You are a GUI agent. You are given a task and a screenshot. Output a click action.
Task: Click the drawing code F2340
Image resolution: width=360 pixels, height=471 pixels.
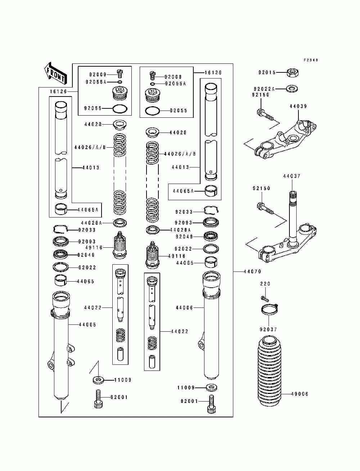coord(311,60)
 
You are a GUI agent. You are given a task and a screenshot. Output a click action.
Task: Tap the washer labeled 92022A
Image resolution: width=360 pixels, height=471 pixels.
coord(292,89)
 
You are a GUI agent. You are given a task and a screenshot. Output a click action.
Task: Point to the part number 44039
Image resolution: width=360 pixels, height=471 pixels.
coord(298,106)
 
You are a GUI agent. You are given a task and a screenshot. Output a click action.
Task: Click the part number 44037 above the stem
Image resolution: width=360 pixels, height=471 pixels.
coord(292,176)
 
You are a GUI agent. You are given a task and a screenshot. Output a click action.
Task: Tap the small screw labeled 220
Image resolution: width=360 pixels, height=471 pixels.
coord(265,298)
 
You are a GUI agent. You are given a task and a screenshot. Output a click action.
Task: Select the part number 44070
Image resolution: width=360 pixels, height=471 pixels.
coord(252,272)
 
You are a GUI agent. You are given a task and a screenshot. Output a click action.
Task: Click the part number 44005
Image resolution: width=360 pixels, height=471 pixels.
coord(87,325)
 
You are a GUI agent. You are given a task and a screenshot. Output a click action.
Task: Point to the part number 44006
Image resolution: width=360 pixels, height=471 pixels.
coord(185,308)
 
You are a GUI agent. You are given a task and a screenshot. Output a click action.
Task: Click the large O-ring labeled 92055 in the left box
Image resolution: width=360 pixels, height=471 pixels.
coord(120,109)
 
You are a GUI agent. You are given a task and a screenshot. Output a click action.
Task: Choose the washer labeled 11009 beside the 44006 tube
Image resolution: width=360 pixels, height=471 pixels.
coord(211,388)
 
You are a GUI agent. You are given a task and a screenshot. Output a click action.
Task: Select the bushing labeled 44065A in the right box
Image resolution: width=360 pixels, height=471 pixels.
coord(211,191)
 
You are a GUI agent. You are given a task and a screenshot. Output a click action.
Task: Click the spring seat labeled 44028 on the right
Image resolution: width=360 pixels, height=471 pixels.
coord(152,133)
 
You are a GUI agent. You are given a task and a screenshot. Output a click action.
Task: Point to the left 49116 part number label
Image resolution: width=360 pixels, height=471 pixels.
coord(94,247)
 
